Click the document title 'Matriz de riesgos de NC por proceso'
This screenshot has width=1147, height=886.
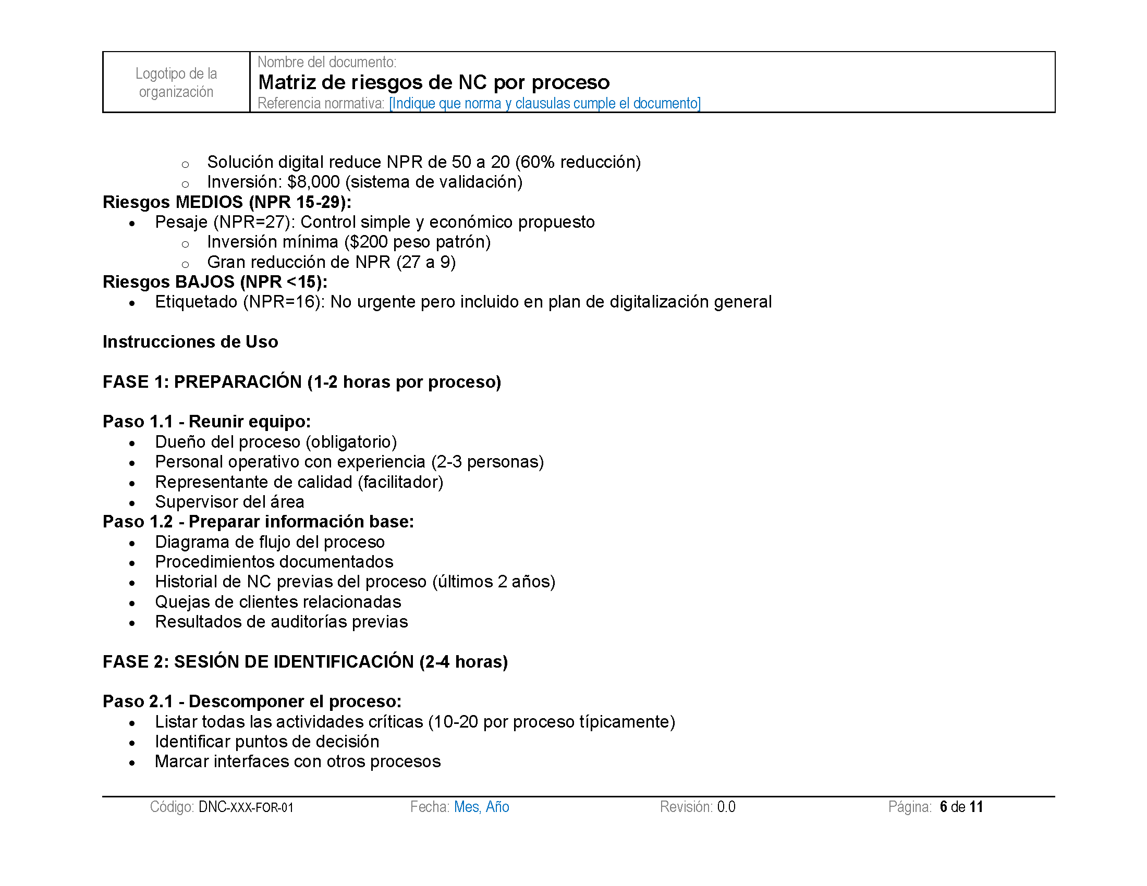pyautogui.click(x=434, y=82)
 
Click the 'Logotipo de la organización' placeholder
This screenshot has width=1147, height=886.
pyautogui.click(x=176, y=82)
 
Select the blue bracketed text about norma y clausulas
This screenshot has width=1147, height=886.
pyautogui.click(x=545, y=103)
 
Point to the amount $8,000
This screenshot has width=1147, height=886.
pyautogui.click(x=313, y=181)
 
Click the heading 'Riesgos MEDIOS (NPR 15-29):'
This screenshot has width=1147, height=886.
pyautogui.click(x=227, y=202)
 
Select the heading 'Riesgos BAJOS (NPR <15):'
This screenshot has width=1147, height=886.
pyautogui.click(x=215, y=282)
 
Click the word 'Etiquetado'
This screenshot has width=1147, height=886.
pyautogui.click(x=196, y=302)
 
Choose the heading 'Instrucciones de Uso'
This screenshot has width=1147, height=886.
pyautogui.click(x=190, y=342)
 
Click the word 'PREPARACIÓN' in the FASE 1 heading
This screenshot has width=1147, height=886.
pyautogui.click(x=238, y=382)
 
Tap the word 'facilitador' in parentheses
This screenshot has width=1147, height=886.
pyautogui.click(x=401, y=482)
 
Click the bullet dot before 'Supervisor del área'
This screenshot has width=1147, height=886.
pyautogui.click(x=132, y=503)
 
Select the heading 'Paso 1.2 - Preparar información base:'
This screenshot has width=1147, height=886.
pyautogui.click(x=259, y=522)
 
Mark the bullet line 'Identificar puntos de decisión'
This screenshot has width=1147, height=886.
pyautogui.click(x=267, y=742)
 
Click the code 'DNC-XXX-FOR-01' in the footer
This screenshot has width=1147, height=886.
pyautogui.click(x=246, y=807)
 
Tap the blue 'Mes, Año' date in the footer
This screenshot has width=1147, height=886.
pyautogui.click(x=482, y=807)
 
